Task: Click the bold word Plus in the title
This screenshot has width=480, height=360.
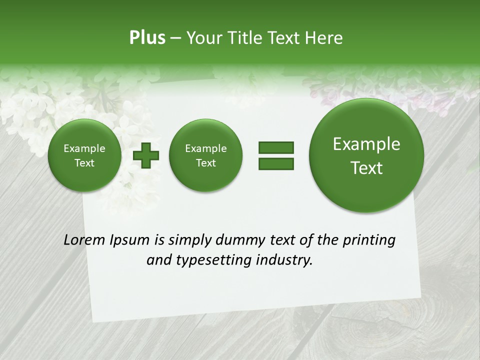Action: [x=147, y=38]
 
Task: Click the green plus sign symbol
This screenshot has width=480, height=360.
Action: [x=146, y=155]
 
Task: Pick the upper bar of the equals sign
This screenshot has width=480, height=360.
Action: [x=276, y=147]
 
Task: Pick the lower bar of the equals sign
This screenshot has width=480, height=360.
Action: [x=276, y=163]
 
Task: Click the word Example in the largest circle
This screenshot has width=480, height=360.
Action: [x=366, y=144]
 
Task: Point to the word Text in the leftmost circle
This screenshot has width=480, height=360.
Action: [x=84, y=163]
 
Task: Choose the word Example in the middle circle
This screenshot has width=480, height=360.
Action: [x=206, y=148]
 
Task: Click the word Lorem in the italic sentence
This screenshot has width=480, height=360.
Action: [x=84, y=240]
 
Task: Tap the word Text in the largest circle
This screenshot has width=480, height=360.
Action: [x=366, y=168]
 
